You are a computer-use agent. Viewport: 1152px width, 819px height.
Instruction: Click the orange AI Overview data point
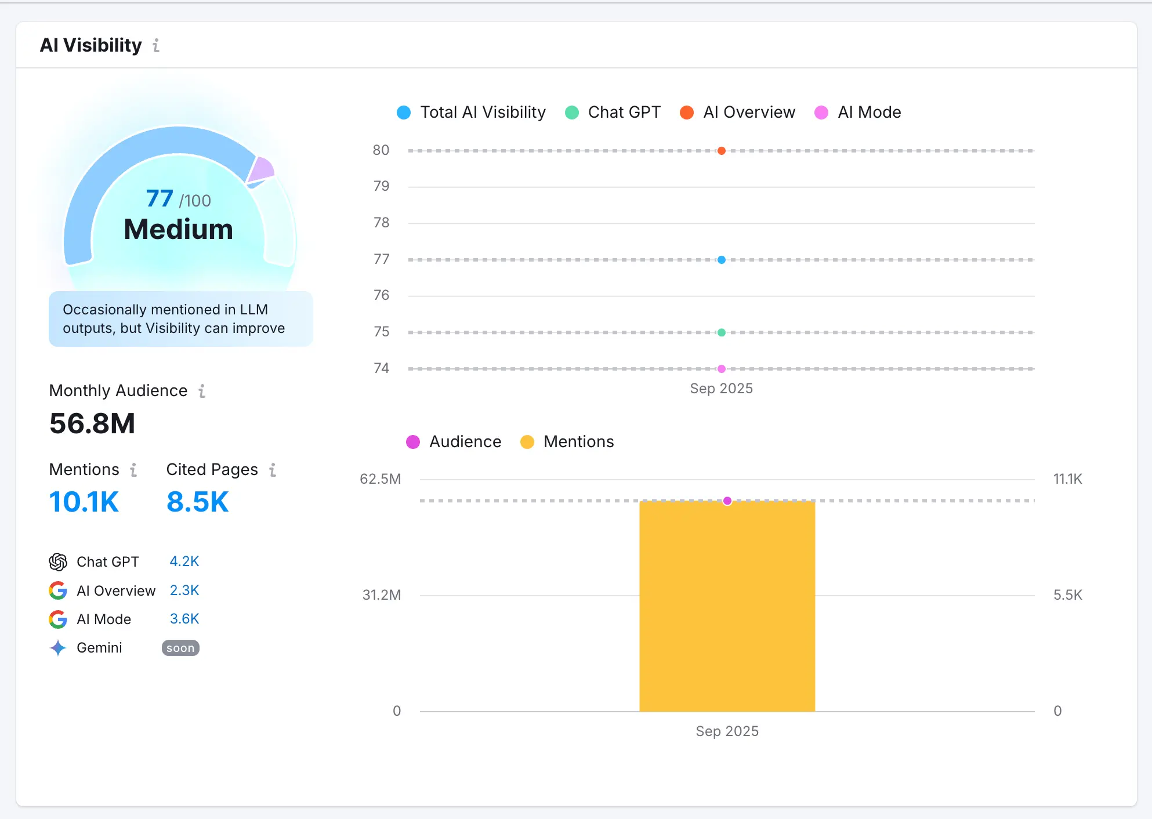(721, 151)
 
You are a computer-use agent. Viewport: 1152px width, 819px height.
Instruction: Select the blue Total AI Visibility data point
(721, 260)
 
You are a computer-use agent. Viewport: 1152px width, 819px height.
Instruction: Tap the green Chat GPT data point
(721, 332)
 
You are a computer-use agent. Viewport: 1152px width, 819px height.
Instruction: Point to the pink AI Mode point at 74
(721, 369)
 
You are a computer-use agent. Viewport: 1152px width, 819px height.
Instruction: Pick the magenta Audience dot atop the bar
(727, 501)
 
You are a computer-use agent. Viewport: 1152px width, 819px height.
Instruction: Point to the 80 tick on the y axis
(381, 150)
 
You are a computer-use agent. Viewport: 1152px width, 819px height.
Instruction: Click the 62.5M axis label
(380, 479)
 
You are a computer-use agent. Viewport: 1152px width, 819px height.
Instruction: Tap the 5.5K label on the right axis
(1067, 595)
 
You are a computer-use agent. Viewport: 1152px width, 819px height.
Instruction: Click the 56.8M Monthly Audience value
(92, 423)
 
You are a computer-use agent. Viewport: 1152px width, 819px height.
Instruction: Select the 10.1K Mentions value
(84, 502)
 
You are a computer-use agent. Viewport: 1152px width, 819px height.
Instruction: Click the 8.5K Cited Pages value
(198, 502)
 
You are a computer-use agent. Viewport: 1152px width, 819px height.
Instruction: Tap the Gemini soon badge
(180, 648)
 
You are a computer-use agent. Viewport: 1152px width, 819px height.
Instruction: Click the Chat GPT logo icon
(58, 561)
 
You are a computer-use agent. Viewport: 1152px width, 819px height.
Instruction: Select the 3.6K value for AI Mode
(184, 619)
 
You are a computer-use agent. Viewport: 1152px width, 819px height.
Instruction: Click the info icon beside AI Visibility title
(156, 45)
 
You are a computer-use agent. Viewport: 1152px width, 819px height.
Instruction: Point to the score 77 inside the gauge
(160, 199)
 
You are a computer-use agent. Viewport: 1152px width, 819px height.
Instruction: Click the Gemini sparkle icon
(58, 648)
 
